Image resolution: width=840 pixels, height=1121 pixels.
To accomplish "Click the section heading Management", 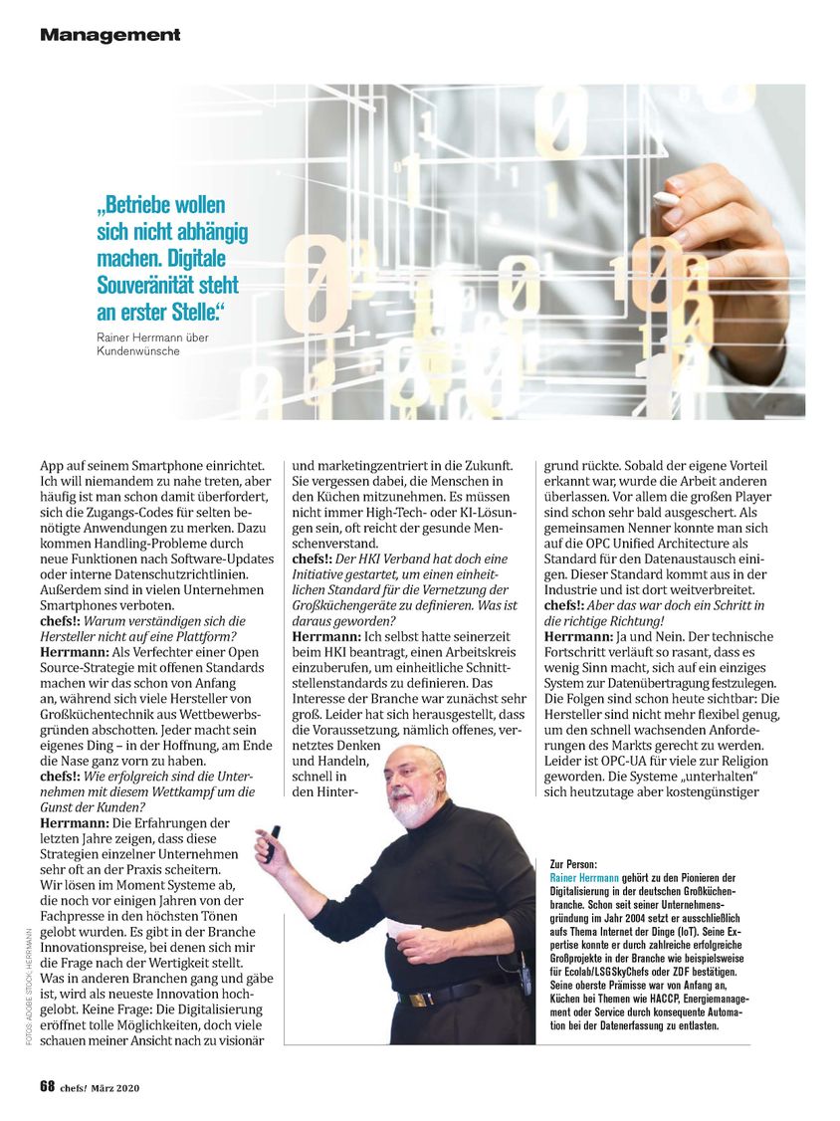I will (x=109, y=35).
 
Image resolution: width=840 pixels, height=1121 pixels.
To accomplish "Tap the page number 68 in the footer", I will (x=47, y=1087).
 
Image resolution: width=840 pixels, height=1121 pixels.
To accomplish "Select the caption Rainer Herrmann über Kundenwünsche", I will (x=146, y=344).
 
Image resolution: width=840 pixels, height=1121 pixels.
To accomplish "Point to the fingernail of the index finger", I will (x=666, y=198).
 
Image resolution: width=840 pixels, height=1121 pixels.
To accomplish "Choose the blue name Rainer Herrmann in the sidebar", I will (x=594, y=879).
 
